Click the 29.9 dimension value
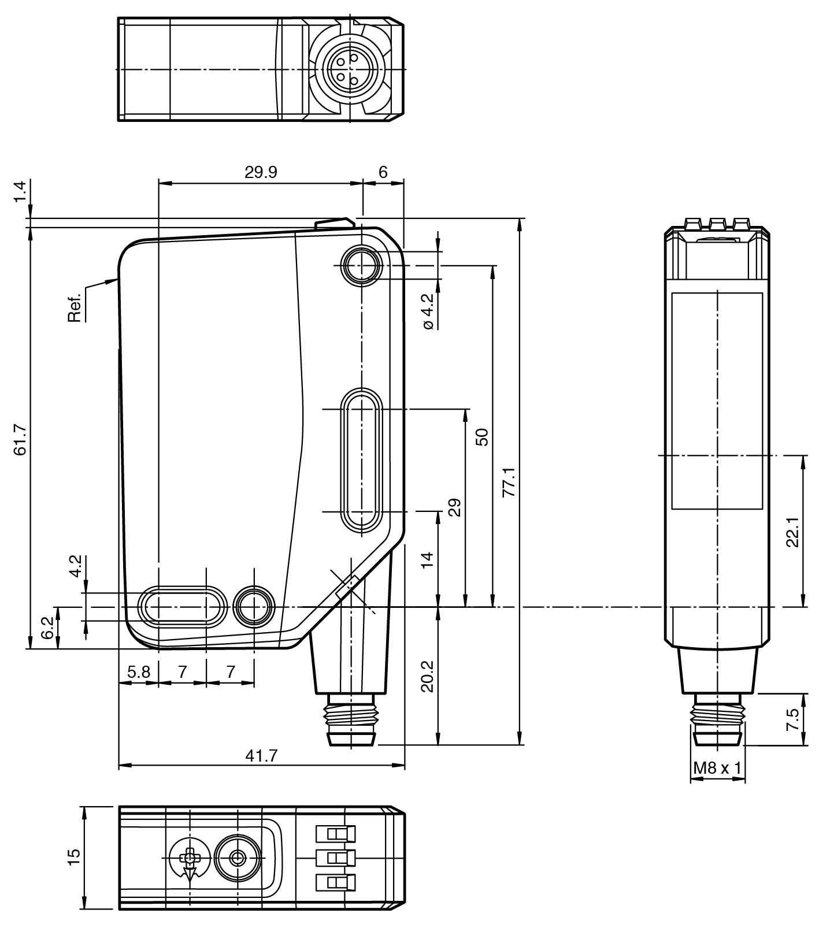tap(260, 172)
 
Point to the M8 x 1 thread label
tap(717, 768)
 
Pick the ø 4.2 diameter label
tap(428, 311)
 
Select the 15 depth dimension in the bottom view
tap(74, 856)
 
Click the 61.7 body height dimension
tap(21, 440)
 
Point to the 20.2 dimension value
tap(427, 675)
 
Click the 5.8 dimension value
tap(139, 671)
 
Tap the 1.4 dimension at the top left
tap(21, 192)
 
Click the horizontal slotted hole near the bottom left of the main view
tap(182, 607)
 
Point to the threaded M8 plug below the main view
tap(351, 721)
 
